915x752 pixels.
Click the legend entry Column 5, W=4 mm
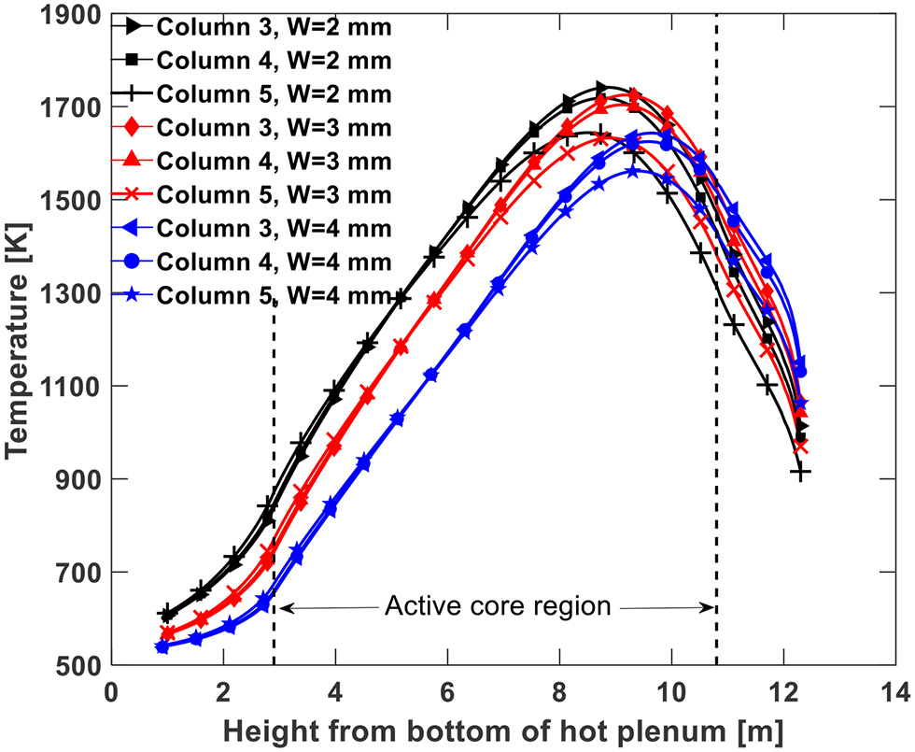point(274,296)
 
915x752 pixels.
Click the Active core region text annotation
point(497,607)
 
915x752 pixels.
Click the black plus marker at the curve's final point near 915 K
point(800,473)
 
